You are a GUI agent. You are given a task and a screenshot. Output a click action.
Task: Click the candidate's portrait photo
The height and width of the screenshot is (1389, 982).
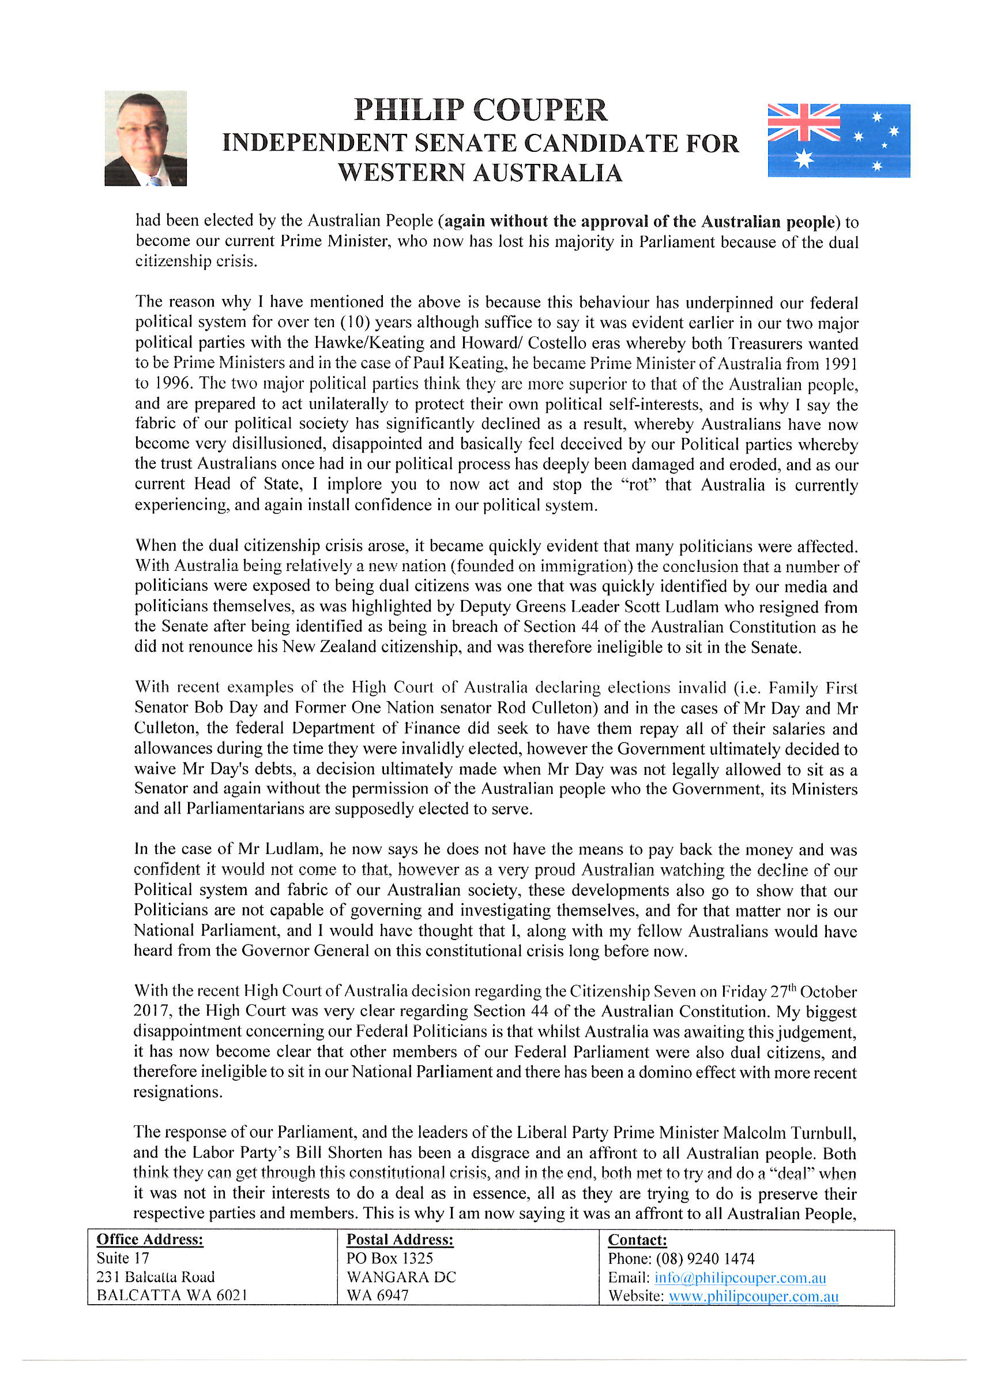(x=145, y=138)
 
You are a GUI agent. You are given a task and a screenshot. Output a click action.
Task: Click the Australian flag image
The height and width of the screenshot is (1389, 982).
(x=838, y=140)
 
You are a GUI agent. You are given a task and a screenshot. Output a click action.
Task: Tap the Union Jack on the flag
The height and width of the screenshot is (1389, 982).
(x=803, y=122)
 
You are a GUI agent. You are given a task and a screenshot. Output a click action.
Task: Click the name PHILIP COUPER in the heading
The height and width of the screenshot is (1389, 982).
(x=480, y=110)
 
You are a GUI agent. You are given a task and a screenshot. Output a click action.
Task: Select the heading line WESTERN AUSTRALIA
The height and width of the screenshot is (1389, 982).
(x=480, y=173)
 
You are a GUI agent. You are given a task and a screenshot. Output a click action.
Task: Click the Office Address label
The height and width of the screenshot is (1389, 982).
(x=150, y=1240)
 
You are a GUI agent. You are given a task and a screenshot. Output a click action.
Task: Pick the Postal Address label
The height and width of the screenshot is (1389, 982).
(x=400, y=1240)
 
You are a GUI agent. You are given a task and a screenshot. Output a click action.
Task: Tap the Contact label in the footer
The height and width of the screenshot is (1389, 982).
(x=637, y=1240)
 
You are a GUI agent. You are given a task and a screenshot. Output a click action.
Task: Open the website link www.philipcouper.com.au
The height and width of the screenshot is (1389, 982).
(x=753, y=1296)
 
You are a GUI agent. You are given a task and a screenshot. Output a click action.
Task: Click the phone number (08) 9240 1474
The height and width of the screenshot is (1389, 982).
(x=705, y=1259)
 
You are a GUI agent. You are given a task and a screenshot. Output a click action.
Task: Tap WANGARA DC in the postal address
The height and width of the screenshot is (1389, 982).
(x=401, y=1277)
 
